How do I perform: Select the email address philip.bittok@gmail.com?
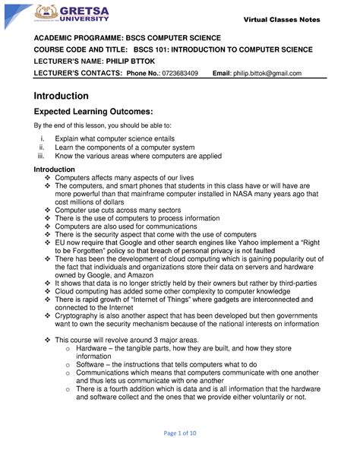coord(267,73)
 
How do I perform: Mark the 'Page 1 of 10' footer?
coord(179,454)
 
